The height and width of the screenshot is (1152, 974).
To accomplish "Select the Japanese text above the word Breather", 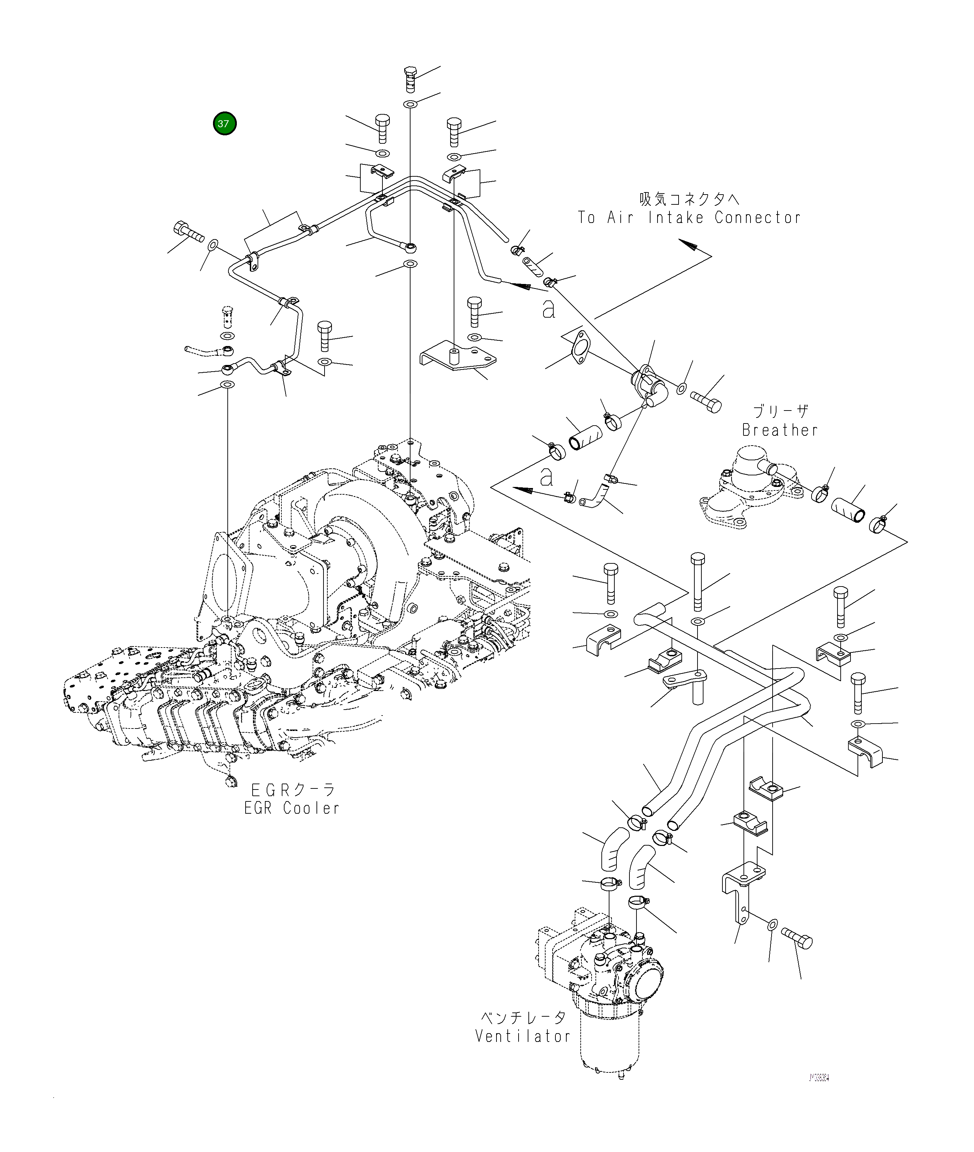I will click(781, 412).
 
